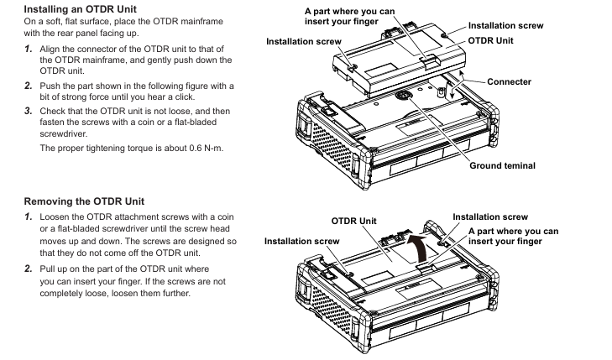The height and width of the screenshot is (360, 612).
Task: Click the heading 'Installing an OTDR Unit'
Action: tap(80, 8)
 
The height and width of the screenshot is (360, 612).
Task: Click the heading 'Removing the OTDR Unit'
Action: tap(84, 201)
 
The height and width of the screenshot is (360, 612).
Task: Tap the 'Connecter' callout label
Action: tap(509, 81)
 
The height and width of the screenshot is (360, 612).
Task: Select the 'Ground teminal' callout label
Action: tap(502, 165)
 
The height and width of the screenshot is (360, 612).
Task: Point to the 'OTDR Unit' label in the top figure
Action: tap(491, 39)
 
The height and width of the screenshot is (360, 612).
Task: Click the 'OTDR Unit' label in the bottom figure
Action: tap(353, 221)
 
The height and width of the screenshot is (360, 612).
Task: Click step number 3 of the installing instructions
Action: tap(28, 110)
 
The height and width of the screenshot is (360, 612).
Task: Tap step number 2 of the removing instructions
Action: tap(28, 268)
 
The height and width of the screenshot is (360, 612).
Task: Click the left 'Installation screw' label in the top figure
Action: tap(303, 41)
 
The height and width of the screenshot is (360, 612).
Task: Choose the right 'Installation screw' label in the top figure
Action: tap(505, 26)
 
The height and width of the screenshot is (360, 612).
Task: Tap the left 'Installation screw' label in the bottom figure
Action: tap(302, 241)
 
